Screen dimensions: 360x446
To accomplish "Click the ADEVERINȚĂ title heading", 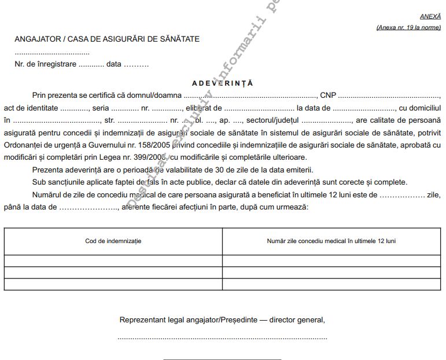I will (x=223, y=83).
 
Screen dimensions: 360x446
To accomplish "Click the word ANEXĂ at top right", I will (x=430, y=17).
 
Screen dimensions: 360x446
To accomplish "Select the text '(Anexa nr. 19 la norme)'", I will (x=408, y=27).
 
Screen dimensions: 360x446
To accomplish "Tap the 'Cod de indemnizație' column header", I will (x=113, y=240).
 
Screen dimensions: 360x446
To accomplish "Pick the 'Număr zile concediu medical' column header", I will (x=331, y=240).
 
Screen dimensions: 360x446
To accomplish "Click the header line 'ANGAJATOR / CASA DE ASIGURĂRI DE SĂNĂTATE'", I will (x=107, y=39).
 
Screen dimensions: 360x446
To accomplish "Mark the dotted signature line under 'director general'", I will (x=222, y=337).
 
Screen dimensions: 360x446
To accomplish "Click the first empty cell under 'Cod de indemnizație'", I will (x=113, y=261).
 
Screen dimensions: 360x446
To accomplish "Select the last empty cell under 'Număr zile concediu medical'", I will (x=331, y=284).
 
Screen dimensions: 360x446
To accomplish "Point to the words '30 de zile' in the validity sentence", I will (x=220, y=170).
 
